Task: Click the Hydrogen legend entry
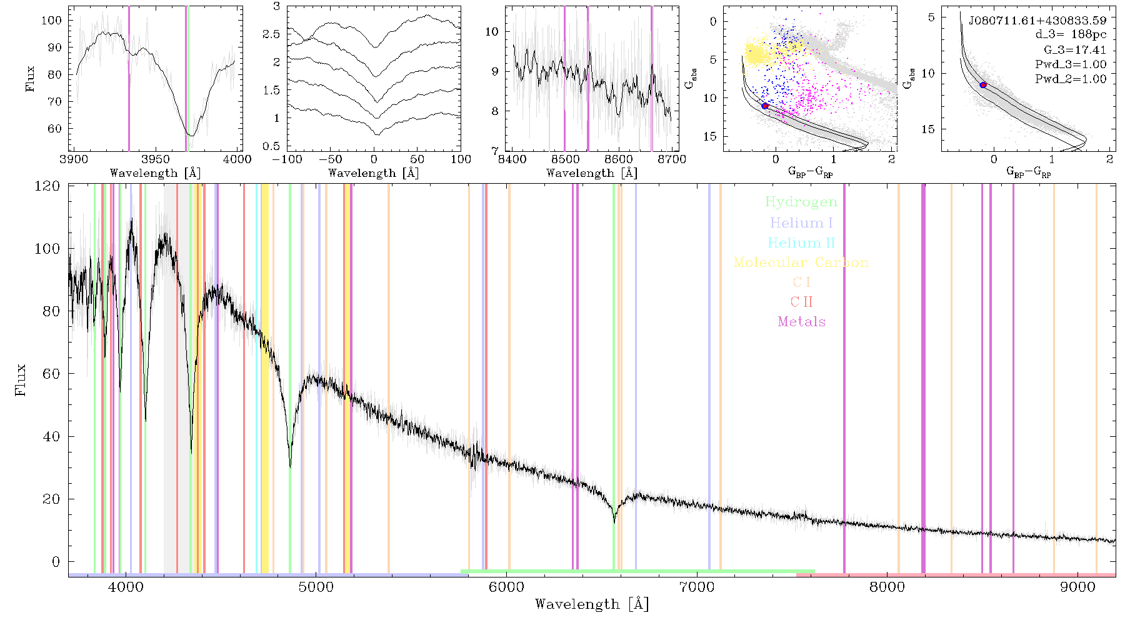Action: coord(801,202)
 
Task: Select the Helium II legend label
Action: coord(801,242)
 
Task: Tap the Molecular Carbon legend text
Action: coord(801,262)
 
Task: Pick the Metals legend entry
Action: coord(801,322)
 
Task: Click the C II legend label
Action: coord(801,302)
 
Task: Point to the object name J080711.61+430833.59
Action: coord(1037,21)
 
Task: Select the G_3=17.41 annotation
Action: coord(1075,50)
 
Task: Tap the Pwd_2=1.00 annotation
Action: coord(1071,79)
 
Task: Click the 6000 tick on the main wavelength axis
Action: coord(507,587)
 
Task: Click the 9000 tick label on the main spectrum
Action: coord(1077,587)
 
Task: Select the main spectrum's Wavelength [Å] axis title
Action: coord(592,604)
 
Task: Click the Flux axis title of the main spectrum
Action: coord(21,379)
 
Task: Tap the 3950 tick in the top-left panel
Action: coord(155,159)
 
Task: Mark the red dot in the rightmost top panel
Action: coord(983,84)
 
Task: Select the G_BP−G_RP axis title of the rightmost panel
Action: coord(1029,172)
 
